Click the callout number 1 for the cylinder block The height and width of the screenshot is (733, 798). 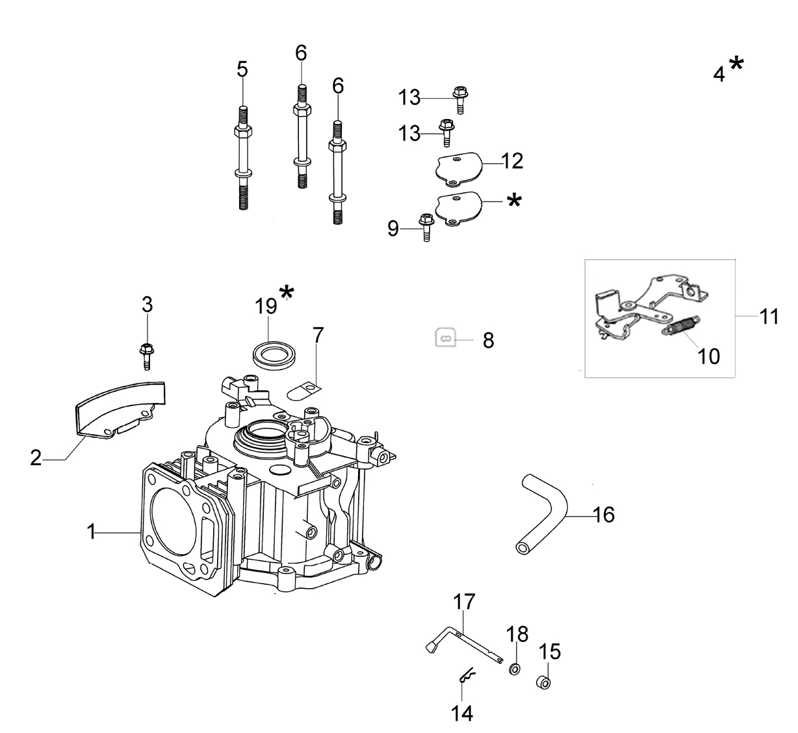(92, 532)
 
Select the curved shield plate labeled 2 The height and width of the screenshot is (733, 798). (120, 410)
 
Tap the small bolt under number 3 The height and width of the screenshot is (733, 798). (147, 355)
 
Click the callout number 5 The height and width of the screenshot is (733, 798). (242, 70)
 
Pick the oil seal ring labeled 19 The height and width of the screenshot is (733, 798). (275, 355)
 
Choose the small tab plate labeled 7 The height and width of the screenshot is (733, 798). (304, 390)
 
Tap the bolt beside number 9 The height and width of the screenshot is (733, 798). (426, 227)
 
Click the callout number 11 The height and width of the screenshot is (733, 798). (769, 317)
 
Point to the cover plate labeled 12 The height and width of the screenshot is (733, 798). (458, 169)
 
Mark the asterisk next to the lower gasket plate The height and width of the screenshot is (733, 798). (515, 201)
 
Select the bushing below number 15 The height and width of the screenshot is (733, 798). (543, 682)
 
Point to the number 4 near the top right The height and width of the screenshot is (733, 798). (719, 75)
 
